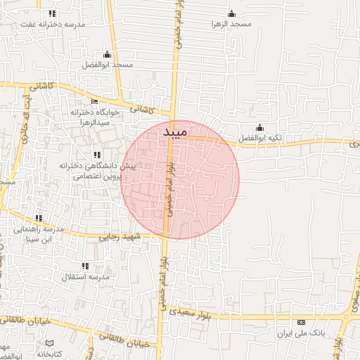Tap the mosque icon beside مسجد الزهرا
pos(232,14)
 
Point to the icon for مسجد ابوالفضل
pos(107,55)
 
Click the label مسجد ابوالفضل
pos(108,65)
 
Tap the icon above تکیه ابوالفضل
pos(259,128)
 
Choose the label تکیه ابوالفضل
pos(259,138)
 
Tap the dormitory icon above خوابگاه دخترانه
pos(95,102)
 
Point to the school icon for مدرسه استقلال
pos(85,266)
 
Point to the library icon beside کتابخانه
pos(49,343)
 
